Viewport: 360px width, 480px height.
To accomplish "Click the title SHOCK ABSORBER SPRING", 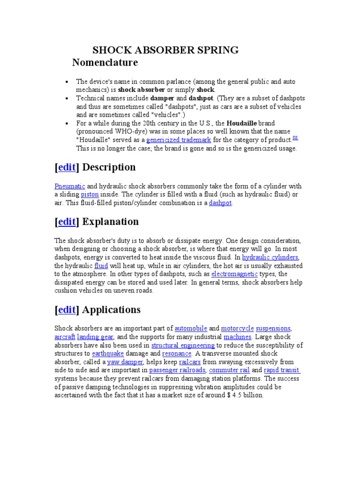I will coord(165,50).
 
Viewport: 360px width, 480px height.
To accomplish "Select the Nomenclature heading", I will coord(105,62).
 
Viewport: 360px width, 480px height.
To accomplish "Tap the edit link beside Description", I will coord(67,167).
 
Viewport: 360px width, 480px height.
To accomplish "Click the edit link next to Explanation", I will coord(67,222).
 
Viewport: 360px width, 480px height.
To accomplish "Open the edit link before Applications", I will coord(67,310).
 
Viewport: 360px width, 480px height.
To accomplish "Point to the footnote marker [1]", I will coord(295,138).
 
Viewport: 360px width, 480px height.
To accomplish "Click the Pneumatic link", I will coord(70,186).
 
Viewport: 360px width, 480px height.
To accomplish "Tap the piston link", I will coord(90,195).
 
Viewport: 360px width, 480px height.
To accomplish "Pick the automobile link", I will coord(191,329).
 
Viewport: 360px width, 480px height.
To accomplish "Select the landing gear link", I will coord(96,337).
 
